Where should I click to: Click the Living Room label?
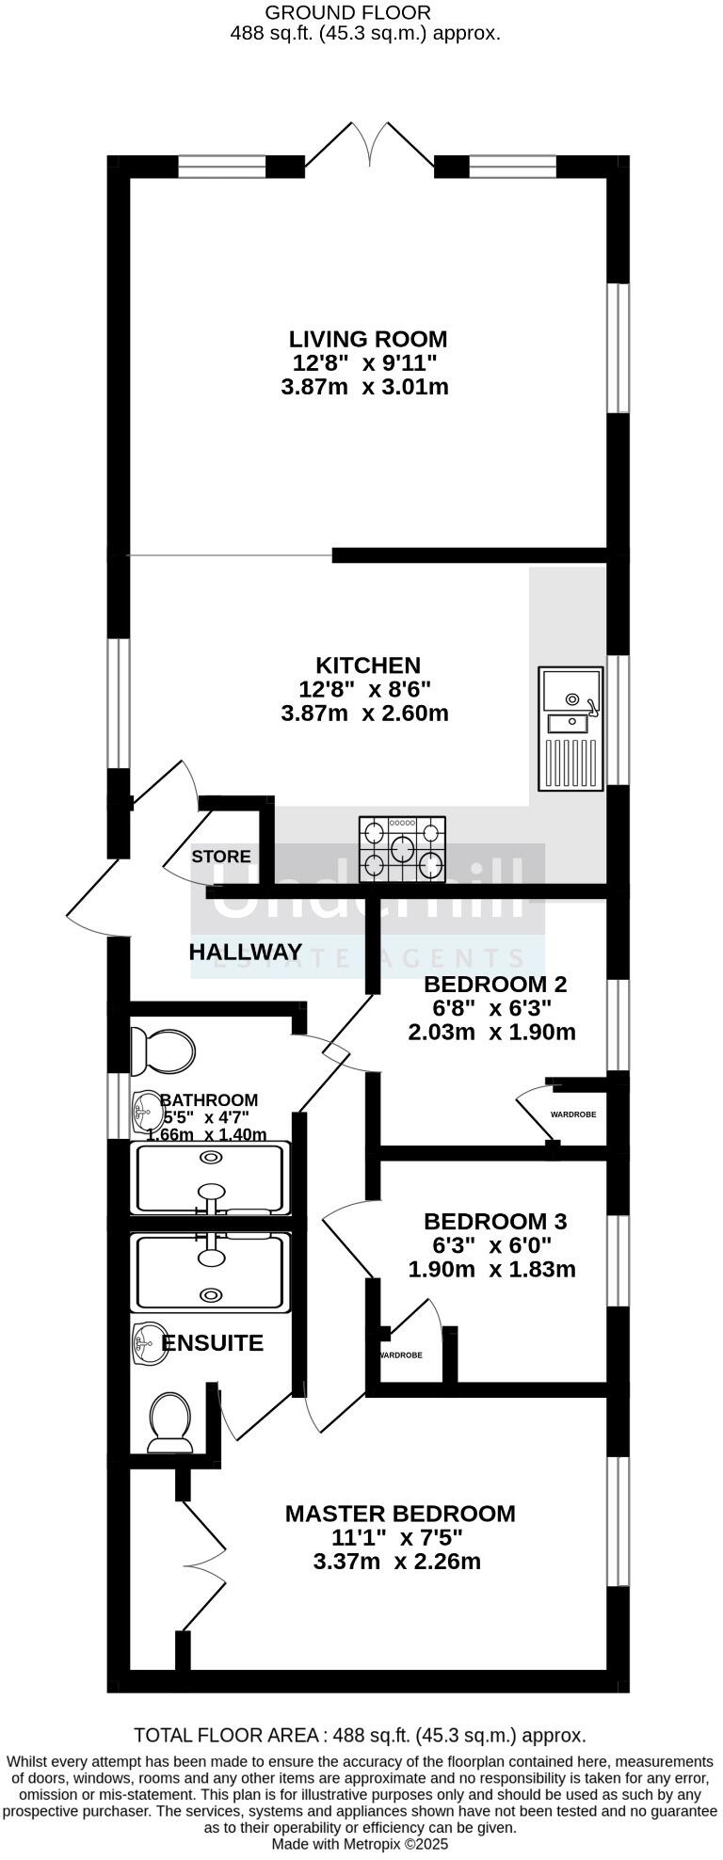click(x=367, y=339)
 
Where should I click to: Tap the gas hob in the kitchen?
click(x=402, y=849)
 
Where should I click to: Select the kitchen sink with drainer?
click(x=570, y=728)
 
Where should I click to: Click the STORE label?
click(x=221, y=856)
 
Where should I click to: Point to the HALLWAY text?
click(x=246, y=952)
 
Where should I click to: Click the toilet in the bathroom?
click(x=163, y=1050)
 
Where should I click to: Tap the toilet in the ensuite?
click(x=169, y=1422)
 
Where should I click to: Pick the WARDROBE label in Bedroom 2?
click(x=573, y=1114)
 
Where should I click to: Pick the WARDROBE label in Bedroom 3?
click(x=400, y=1355)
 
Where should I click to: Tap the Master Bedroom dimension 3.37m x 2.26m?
click(x=396, y=1562)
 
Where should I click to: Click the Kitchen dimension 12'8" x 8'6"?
click(x=365, y=689)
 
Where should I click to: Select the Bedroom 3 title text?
click(x=495, y=1222)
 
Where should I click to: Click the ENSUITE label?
click(x=212, y=1343)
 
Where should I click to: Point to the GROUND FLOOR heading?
click(x=348, y=12)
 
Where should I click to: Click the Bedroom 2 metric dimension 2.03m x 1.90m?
click(x=491, y=1032)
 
